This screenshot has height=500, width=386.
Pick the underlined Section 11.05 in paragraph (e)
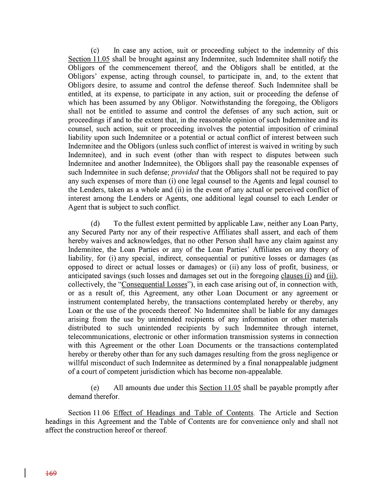point(220,388)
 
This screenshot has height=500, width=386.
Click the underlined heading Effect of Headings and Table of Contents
point(183,413)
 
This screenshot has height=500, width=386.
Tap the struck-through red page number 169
point(51,474)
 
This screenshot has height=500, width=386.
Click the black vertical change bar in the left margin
point(25,473)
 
